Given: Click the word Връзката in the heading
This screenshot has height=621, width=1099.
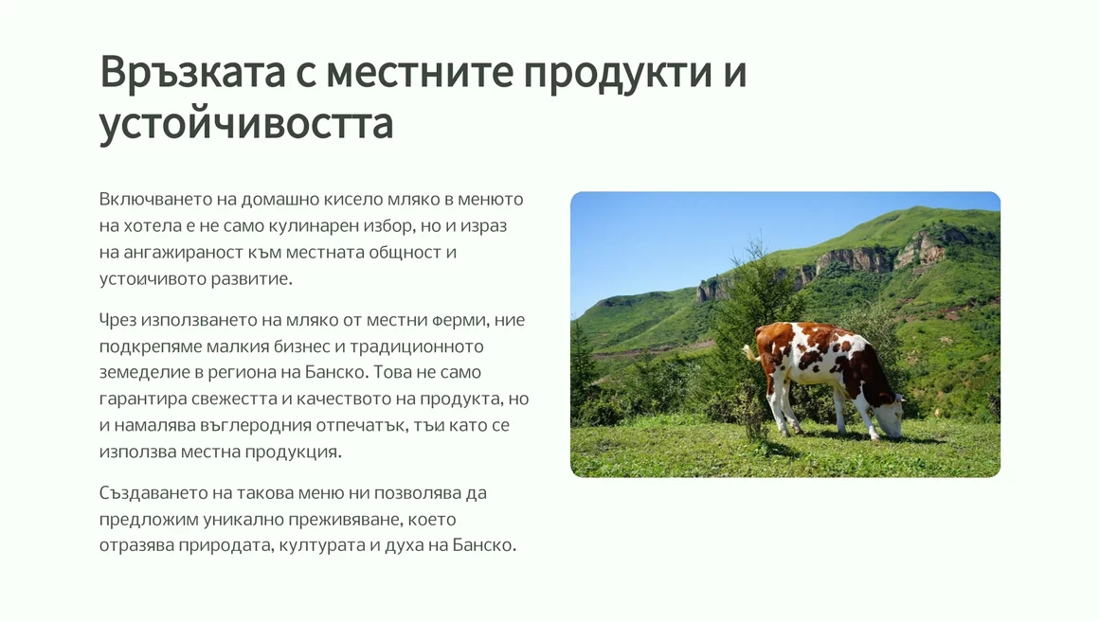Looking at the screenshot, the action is point(192,71).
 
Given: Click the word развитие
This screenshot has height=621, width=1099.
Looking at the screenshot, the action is point(257,278).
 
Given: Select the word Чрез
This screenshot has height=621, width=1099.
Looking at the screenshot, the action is point(117,321).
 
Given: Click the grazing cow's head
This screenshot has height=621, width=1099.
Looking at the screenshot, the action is point(890,420).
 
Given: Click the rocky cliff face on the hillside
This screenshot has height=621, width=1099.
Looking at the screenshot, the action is point(856,260).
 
